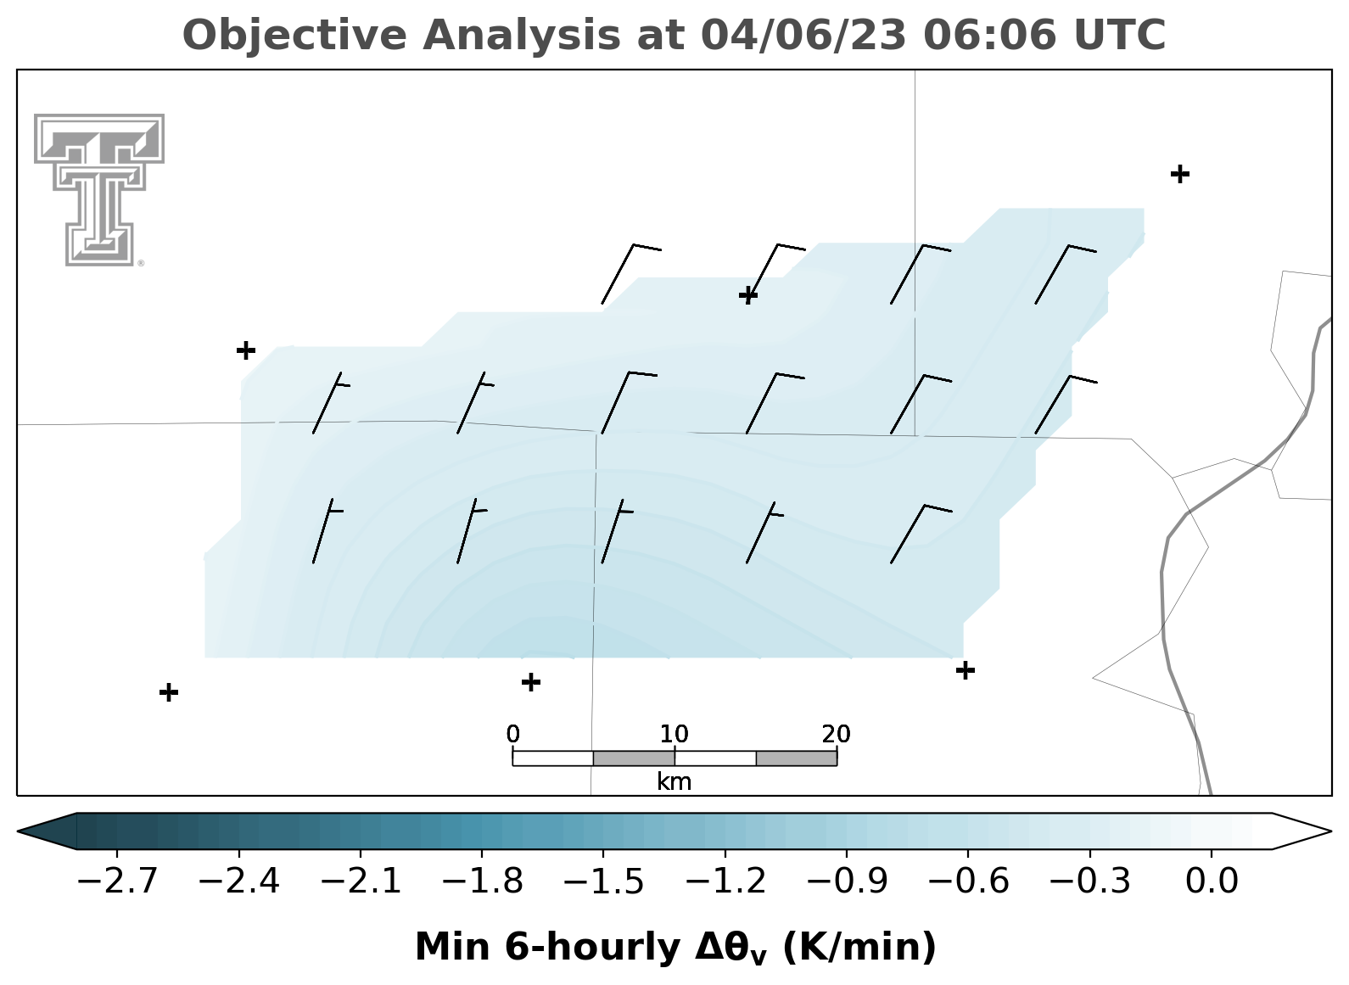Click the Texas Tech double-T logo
[x=99, y=190]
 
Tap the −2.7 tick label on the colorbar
[x=117, y=881]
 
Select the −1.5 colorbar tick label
[x=603, y=881]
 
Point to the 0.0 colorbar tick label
[x=1212, y=881]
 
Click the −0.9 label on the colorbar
[x=847, y=881]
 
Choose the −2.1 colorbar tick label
[x=361, y=881]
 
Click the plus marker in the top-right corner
[x=1180, y=175]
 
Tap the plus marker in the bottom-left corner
[x=169, y=692]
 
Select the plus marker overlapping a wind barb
[x=748, y=295]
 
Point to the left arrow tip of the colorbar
[x=18, y=831]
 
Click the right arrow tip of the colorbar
[x=1331, y=831]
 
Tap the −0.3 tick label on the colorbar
[x=1090, y=881]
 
